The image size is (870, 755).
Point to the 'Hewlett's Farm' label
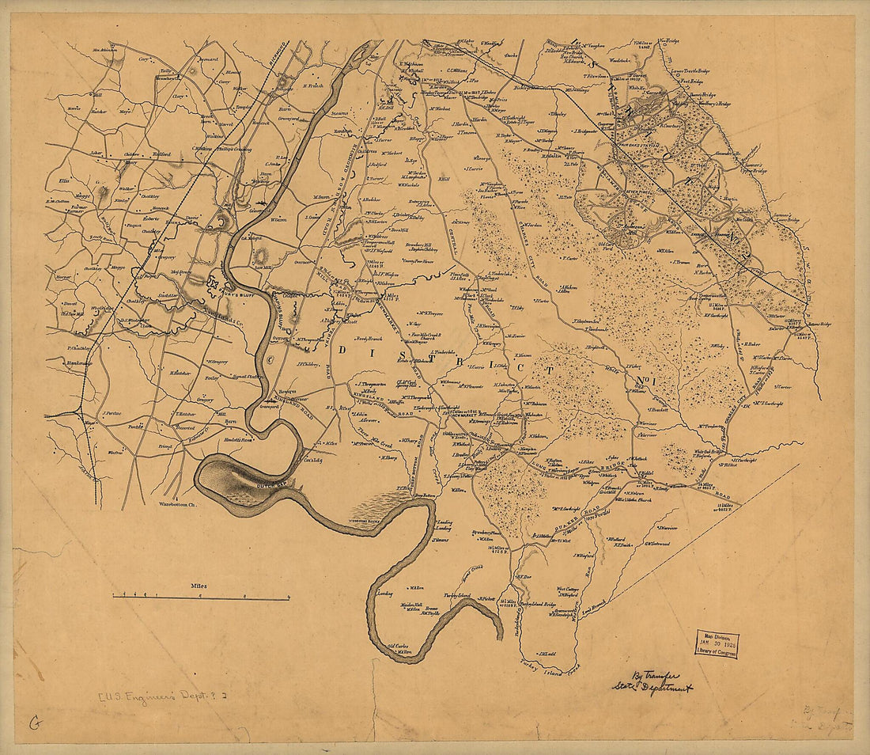[x=236, y=438]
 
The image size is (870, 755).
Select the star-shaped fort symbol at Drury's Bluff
[x=212, y=281]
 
